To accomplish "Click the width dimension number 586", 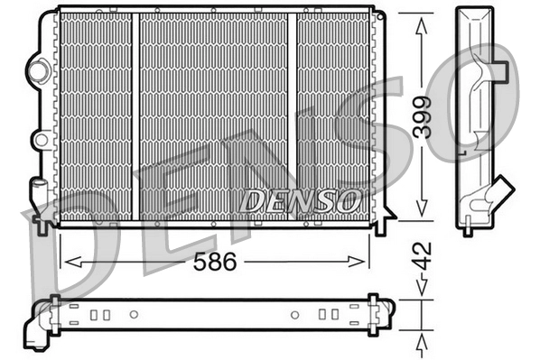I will [215, 263].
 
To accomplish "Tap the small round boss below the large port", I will [39, 140].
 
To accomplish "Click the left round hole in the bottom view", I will [135, 315].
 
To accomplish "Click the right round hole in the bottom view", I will [293, 315].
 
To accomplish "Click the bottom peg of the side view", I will [467, 231].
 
